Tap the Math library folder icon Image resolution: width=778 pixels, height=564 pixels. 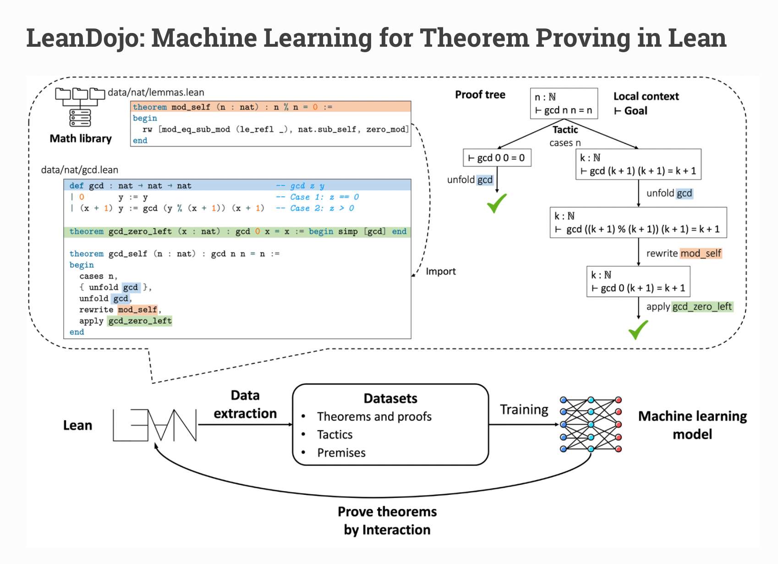pos(80,107)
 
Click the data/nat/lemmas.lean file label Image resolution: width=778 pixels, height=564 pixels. pos(156,93)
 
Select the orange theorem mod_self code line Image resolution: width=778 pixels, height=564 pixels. pos(271,107)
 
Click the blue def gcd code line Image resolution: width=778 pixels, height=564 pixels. pos(237,186)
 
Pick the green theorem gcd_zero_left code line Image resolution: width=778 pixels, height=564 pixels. pos(237,231)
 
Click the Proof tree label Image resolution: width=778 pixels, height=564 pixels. pos(480,94)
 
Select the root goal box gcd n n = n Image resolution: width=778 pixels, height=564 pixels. pos(564,104)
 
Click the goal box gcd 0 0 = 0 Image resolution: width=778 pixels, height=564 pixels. pos(497,158)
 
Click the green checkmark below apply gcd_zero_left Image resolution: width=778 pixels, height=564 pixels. pos(638,329)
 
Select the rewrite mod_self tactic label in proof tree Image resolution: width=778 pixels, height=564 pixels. pos(684,253)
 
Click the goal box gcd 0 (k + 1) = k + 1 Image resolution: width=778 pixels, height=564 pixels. pos(638,282)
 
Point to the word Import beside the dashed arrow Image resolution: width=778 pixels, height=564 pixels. pos(441,271)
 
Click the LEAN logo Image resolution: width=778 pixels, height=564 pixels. pos(155,425)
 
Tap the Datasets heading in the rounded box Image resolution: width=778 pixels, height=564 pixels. pos(390,398)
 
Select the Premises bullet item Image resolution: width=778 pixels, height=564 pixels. pos(341,453)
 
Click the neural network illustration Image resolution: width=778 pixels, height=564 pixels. pos(591,424)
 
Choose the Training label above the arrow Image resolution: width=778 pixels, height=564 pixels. pos(524,410)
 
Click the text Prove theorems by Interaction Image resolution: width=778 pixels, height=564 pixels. pos(387,520)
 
